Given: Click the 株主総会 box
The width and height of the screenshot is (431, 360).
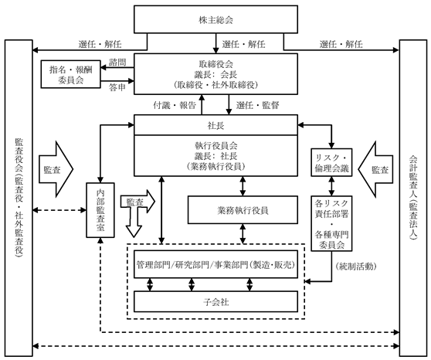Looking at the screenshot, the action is pos(215,19).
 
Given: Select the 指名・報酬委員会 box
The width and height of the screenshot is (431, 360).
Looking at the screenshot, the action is pos(71,74).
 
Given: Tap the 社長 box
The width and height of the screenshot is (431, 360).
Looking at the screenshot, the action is pos(215,125).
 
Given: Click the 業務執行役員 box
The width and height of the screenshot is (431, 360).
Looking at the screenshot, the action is pos(243,210).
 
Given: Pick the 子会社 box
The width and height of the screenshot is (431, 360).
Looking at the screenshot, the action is pos(215,302).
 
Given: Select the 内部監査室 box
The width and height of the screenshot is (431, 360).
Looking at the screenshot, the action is pos(100,210).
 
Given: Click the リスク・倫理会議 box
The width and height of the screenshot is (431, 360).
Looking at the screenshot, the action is pos(331,162).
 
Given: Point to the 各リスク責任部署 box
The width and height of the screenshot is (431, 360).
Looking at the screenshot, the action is pos(331,223).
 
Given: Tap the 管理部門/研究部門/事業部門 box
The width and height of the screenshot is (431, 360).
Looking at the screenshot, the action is pos(215,264).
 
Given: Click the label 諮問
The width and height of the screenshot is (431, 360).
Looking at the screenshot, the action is pos(117,62).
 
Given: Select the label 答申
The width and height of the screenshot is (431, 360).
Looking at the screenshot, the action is pos(117,87).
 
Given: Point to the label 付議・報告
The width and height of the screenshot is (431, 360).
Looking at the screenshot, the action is pos(175,105).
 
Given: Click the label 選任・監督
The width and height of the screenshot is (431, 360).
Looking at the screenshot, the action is pos(258,105).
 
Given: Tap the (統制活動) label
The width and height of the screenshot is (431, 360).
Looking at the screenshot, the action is pos(356,267).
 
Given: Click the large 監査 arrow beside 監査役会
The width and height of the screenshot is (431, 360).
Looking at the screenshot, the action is pos(56,169).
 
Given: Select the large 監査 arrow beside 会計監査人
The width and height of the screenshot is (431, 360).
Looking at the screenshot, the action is pos(375,169).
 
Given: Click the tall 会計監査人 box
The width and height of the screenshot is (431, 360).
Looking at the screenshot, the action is pos(413,198).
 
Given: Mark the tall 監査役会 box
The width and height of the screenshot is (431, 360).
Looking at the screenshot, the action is pos(19,198).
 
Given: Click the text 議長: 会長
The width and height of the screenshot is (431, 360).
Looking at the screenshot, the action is pos(215,74).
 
